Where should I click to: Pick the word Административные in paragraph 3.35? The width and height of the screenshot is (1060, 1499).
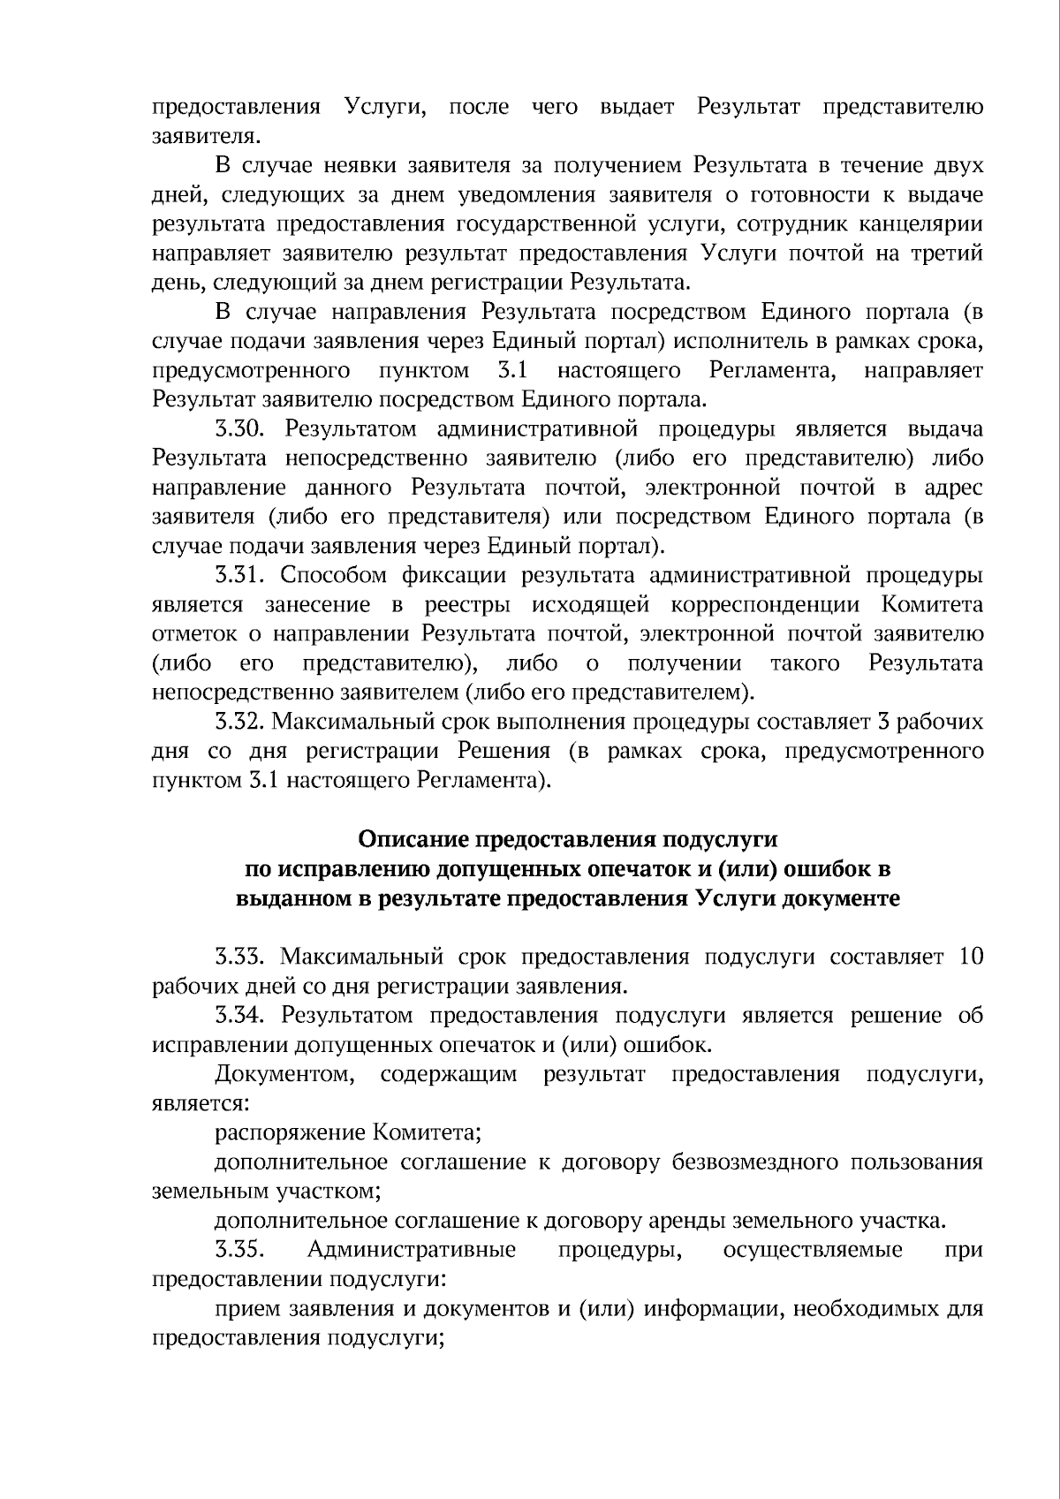coord(412,1250)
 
